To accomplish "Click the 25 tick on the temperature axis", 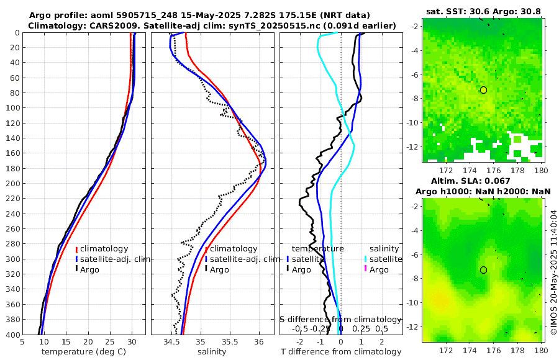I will click(110, 341).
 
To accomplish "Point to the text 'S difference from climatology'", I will click(341, 319).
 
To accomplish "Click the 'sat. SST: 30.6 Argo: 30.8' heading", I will click(483, 11).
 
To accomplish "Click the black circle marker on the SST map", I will click(483, 90).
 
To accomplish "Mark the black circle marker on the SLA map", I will click(483, 270).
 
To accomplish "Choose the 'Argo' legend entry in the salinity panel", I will click(219, 269).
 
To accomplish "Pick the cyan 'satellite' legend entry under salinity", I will click(385, 259).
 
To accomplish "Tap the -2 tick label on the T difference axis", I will click(300, 341).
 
